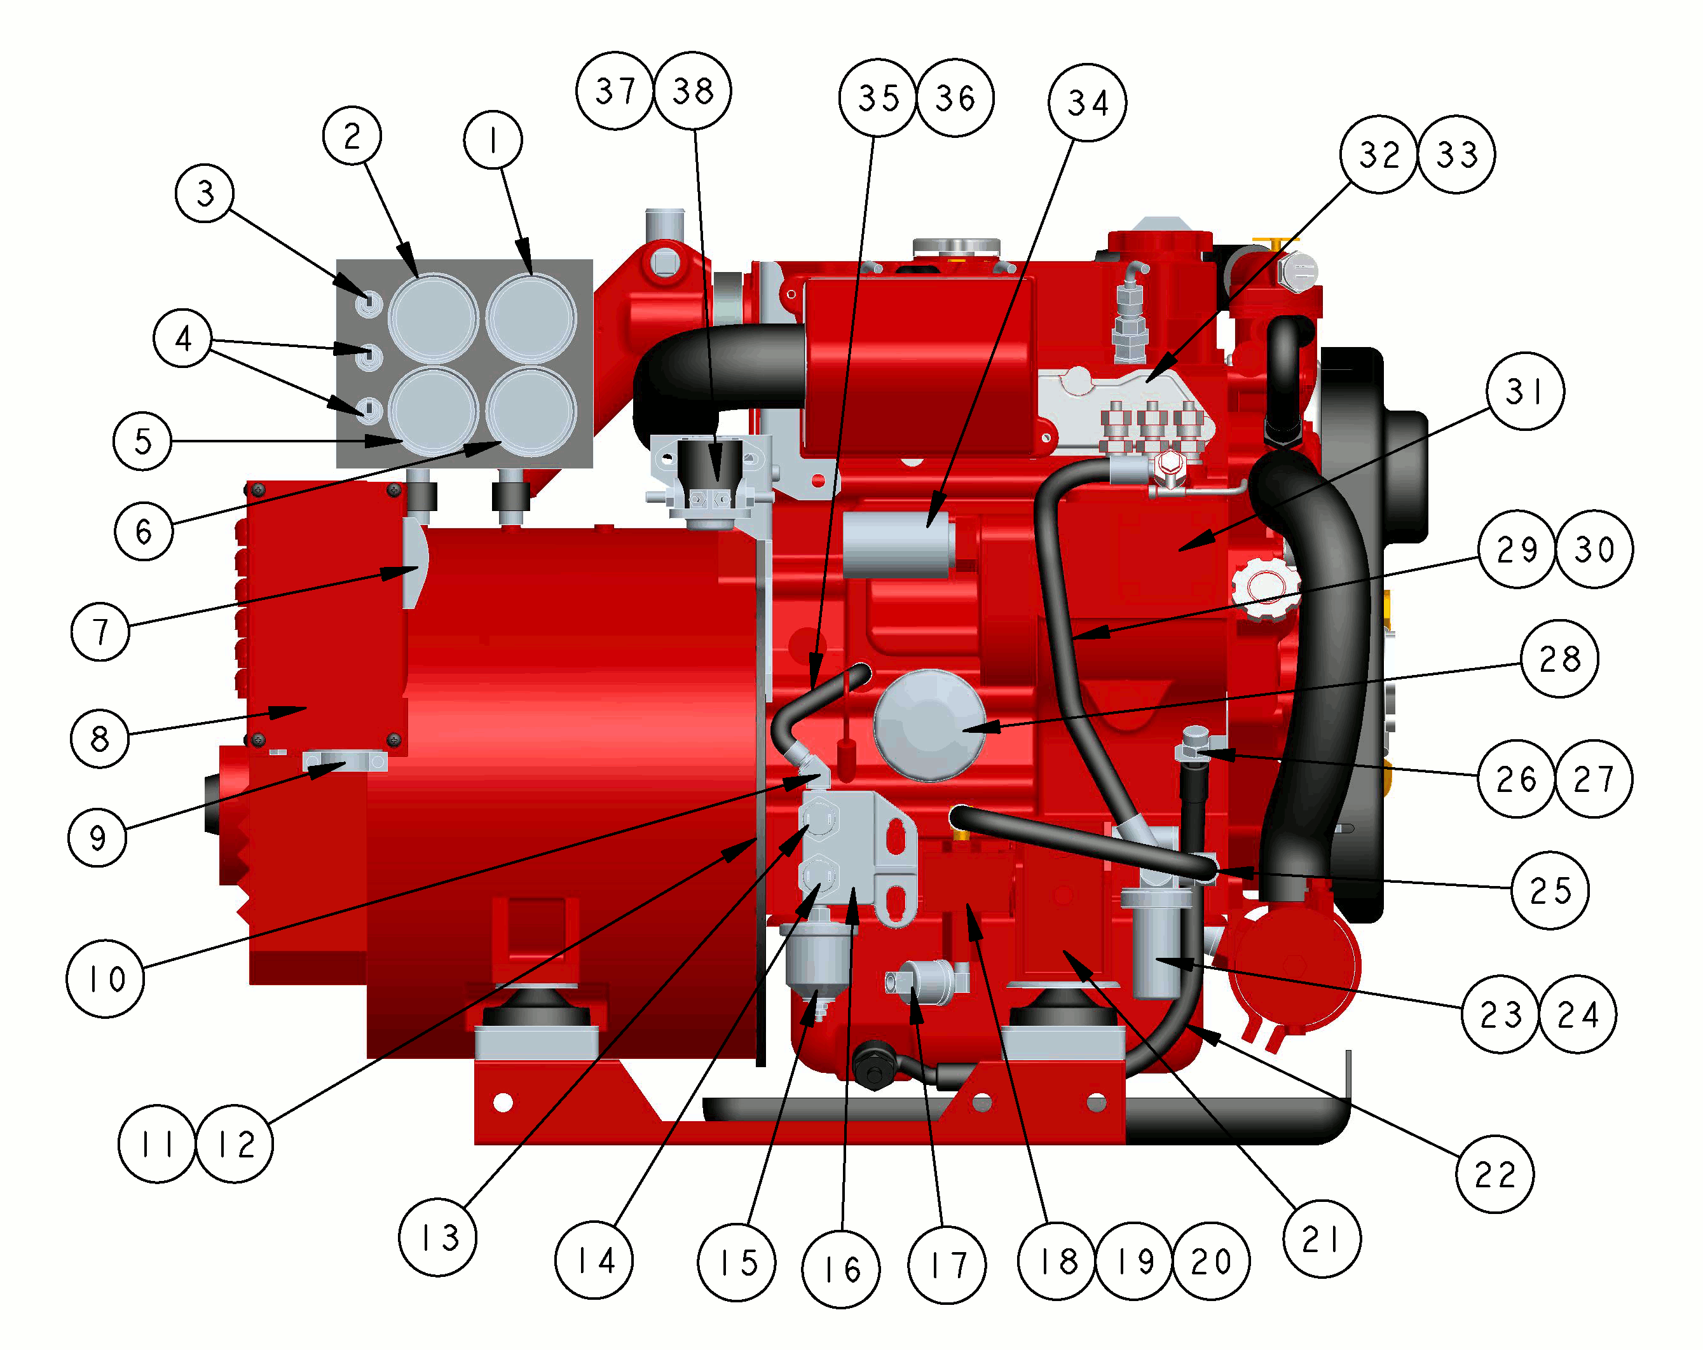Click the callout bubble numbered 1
493,140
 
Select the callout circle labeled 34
1087,103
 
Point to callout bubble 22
1494,1174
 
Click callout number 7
100,631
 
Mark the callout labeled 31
1524,391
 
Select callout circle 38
693,91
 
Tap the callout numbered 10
105,979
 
